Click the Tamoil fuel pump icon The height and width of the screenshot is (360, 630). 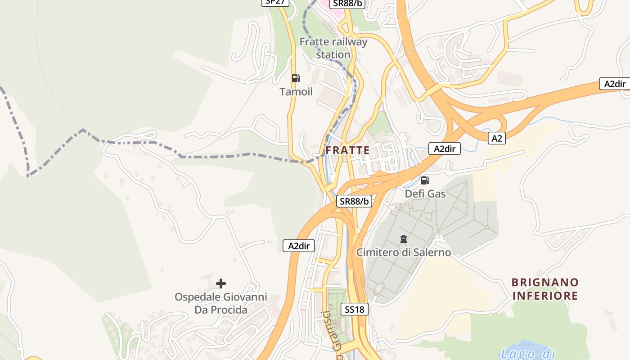296,78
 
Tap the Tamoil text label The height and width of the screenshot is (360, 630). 296,92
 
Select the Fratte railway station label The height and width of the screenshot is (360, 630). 333,48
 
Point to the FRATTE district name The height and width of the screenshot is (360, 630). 347,150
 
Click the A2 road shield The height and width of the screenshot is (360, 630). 496,139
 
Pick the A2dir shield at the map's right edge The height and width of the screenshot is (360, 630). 615,84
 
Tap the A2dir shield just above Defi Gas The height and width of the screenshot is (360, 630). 445,149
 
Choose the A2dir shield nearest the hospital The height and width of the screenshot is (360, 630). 299,246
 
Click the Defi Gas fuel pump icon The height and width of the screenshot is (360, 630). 425,180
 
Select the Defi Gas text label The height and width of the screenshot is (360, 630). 425,194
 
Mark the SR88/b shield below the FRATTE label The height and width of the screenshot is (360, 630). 354,201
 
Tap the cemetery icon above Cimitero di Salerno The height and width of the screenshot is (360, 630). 404,239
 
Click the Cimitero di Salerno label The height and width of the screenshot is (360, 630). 403,252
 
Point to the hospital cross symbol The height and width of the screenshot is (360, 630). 221,283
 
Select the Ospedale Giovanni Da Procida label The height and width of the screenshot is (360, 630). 221,303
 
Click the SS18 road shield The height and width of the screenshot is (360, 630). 355,309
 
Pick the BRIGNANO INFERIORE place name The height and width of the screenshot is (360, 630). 545,289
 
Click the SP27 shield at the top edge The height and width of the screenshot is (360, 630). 275,2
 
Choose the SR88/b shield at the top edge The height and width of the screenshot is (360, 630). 347,3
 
